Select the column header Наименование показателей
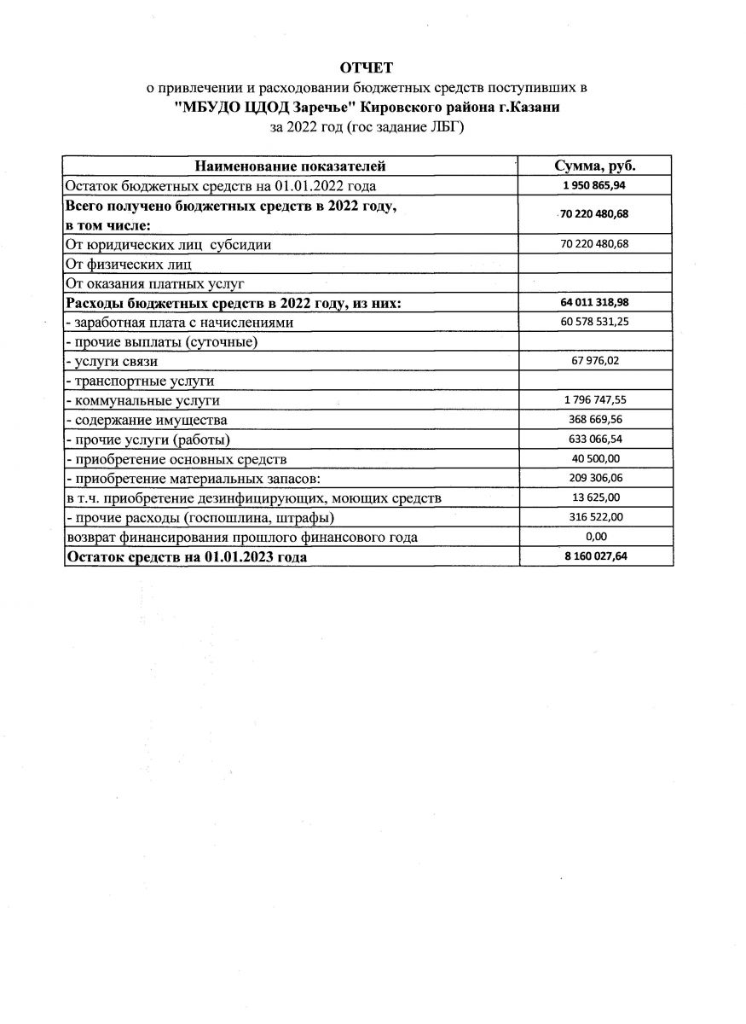point(291,166)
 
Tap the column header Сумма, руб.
point(595,166)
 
